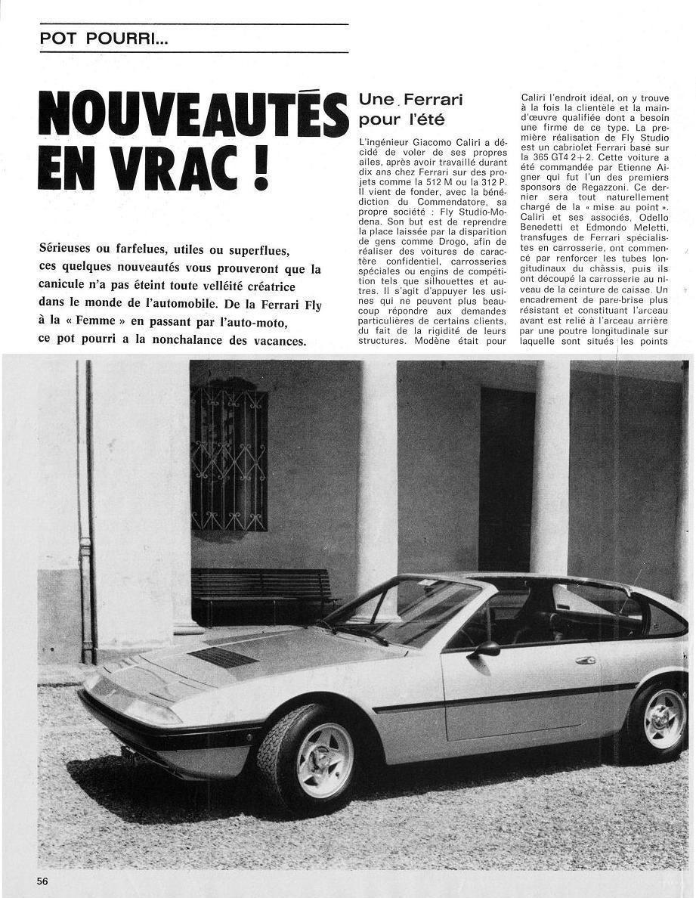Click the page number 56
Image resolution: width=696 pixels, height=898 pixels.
click(43, 881)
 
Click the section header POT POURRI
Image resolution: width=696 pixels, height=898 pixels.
click(104, 39)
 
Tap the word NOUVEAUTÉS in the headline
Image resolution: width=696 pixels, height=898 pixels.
click(192, 113)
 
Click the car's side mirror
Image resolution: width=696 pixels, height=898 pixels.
click(486, 649)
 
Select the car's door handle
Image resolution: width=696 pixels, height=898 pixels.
click(585, 660)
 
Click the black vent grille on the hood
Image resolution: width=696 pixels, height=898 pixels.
click(223, 656)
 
